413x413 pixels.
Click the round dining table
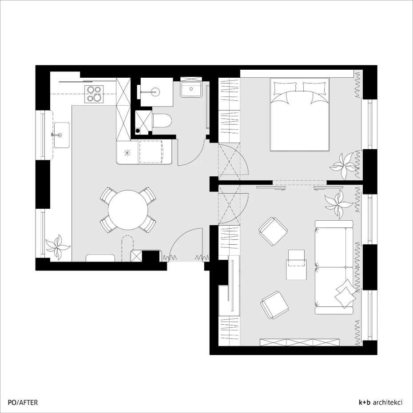point(128,210)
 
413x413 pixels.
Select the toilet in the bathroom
point(162,121)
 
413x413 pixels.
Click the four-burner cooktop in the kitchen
point(94,94)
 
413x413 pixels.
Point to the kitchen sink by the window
point(62,135)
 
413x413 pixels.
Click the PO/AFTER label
point(23,402)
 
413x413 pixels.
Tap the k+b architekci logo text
point(381,402)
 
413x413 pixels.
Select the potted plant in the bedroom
point(344,166)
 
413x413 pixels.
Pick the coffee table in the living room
point(297,265)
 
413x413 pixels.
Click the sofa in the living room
point(334,267)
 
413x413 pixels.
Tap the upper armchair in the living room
point(273,231)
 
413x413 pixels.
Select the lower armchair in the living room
point(274,305)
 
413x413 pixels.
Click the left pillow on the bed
point(285,88)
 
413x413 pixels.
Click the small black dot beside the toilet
point(138,131)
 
